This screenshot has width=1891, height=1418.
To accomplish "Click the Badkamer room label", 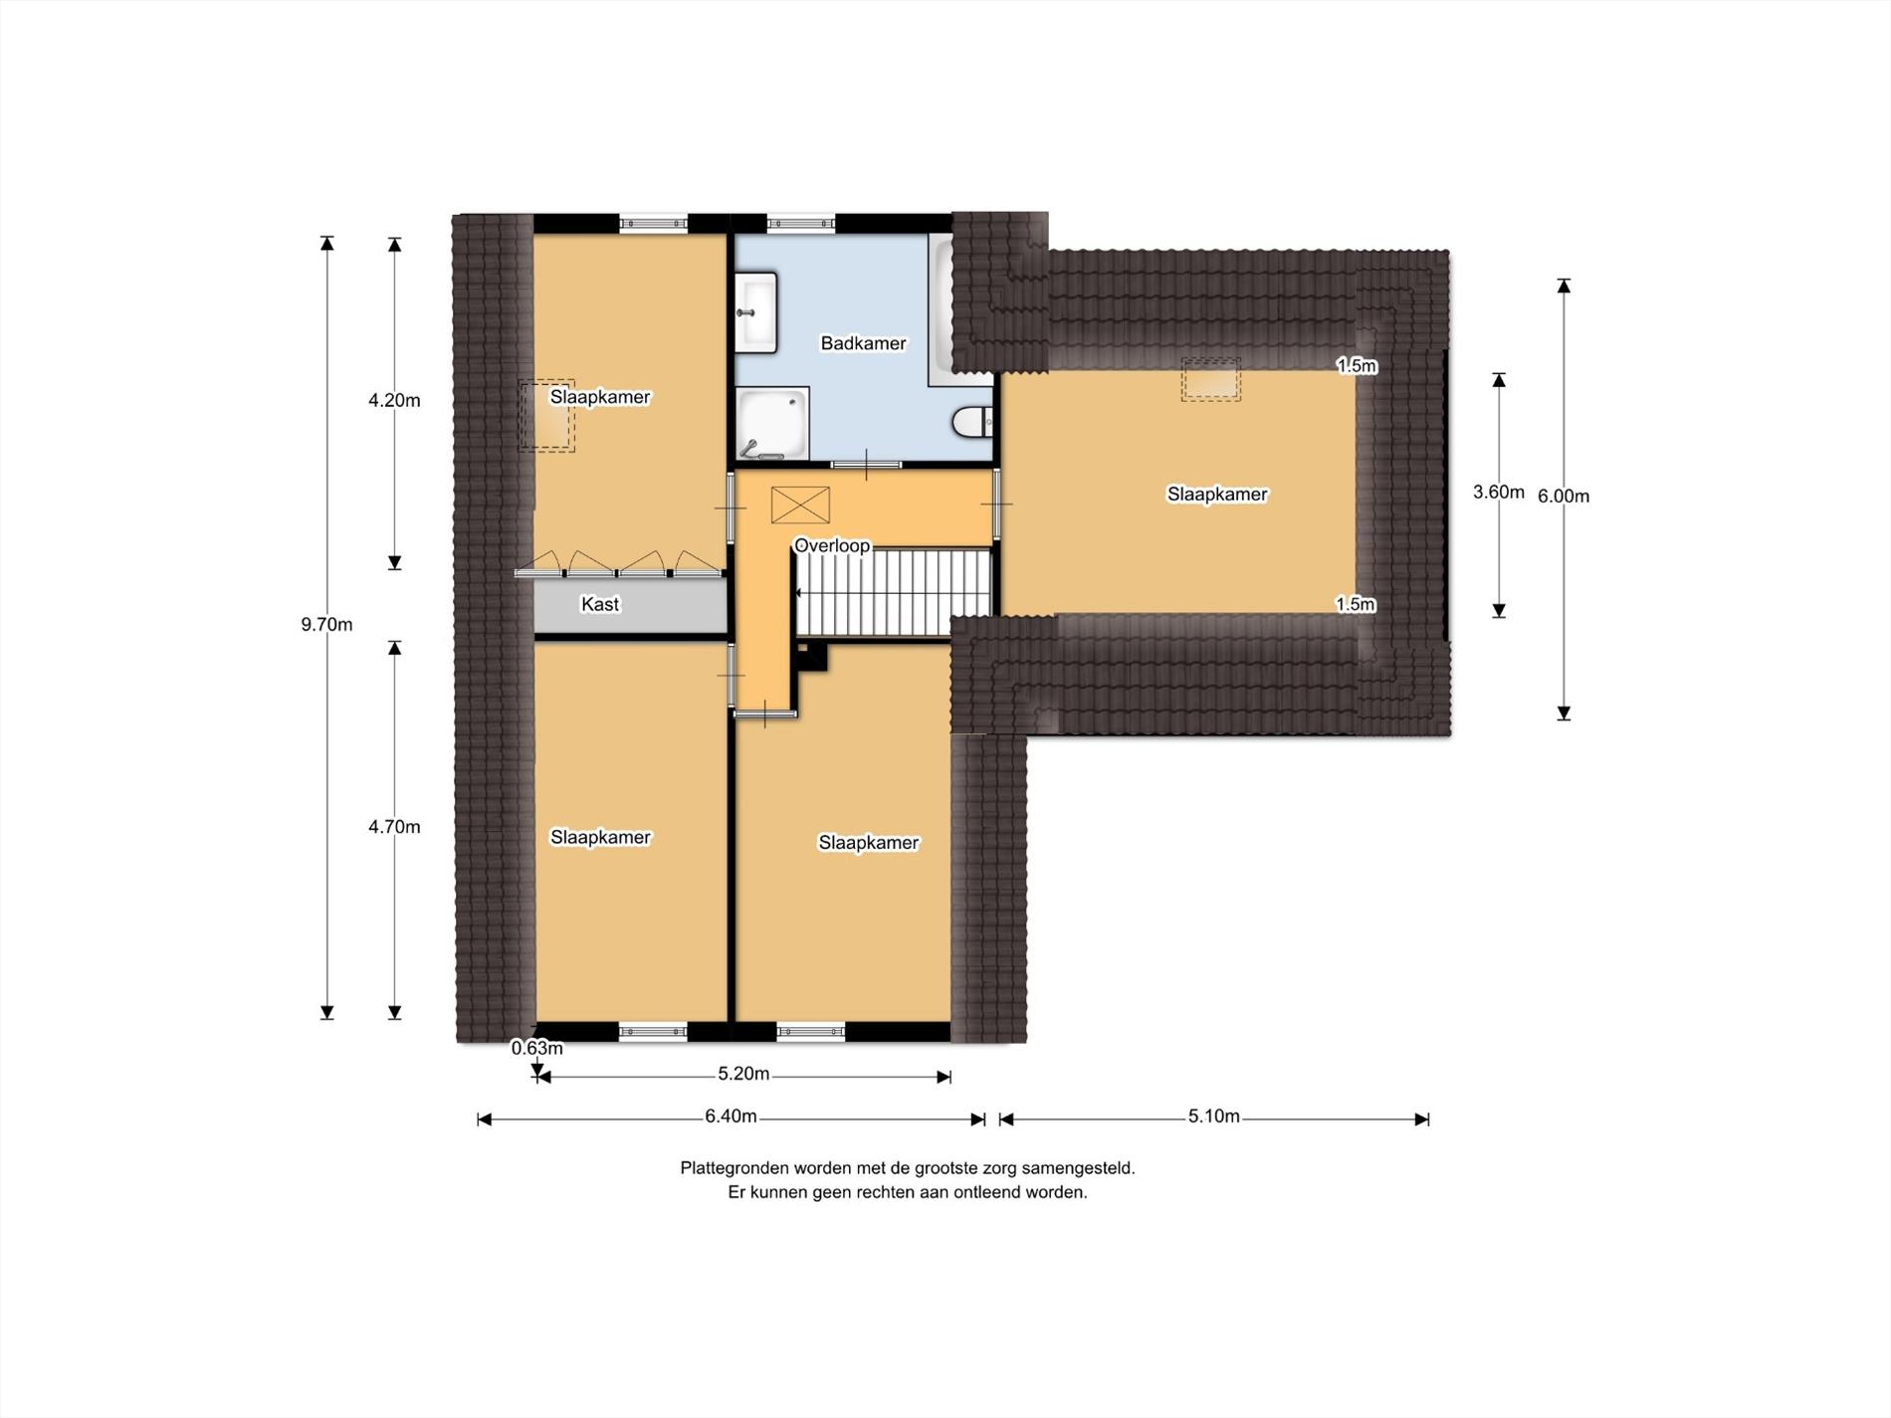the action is (x=863, y=343).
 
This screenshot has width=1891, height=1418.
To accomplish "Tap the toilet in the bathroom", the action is (x=973, y=422).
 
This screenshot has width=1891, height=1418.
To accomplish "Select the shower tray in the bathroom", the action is (x=772, y=424).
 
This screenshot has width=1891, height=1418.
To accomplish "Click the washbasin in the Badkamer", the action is (x=756, y=312).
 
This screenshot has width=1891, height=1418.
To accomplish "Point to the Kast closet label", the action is (x=600, y=604).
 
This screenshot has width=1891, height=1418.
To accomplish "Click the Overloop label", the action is (x=832, y=545).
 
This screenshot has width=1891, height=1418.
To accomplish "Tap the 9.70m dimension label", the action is (x=326, y=625).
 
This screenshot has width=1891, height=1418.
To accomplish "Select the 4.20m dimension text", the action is (x=394, y=401).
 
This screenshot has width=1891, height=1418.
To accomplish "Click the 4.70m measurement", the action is (x=394, y=827).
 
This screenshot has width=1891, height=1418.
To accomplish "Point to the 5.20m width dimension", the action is (x=743, y=1074).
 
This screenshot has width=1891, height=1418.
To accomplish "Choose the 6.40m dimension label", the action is (x=731, y=1116).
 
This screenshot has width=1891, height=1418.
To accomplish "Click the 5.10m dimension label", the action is (x=1213, y=1116).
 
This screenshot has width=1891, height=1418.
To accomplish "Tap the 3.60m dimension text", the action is (x=1499, y=492).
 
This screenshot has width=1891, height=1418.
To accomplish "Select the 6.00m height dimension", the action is (x=1564, y=496).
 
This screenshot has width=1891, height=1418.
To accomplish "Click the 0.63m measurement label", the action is (x=537, y=1048).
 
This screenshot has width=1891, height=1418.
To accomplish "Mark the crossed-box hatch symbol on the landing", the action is (x=800, y=505).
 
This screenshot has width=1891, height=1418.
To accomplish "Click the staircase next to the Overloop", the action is (x=895, y=593).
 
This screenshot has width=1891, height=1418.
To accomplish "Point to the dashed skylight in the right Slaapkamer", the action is (x=1211, y=380).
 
